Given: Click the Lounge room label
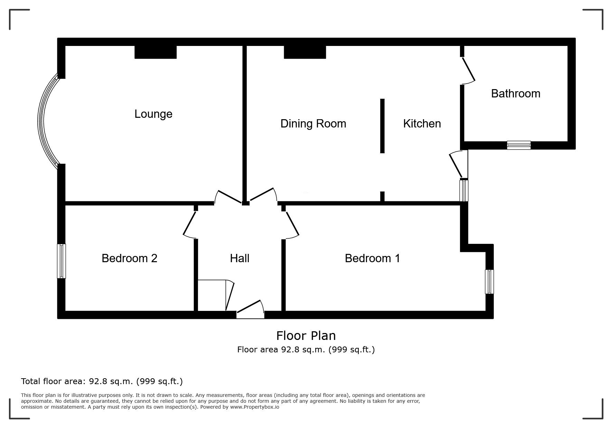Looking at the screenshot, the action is pos(153,114).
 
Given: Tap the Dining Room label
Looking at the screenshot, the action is pos(313,124).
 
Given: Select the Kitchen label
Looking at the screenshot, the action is pos(422,124).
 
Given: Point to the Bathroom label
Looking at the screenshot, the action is pos(516,94).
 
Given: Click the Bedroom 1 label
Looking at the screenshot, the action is pos(373,258).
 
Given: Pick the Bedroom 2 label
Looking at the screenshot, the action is pos(130,258).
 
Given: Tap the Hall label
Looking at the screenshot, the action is pos(240,258).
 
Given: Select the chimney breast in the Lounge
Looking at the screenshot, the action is pos(156,52).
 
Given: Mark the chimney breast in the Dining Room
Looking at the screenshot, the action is pos(305,52).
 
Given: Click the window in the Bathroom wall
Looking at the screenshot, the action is pos(519,145).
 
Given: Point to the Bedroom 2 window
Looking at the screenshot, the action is pos(62,261).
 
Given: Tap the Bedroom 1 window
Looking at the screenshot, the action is pos(489,282).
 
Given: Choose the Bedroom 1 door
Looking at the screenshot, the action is pos(292,225).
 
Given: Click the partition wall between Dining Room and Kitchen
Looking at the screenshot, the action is pos(382,126).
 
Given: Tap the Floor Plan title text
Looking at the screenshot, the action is pos(306,336).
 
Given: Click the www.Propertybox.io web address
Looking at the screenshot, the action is pos(255,407).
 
